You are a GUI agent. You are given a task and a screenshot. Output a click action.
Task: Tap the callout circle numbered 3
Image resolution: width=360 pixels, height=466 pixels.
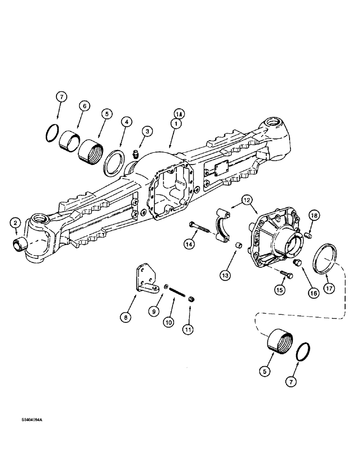[148, 132]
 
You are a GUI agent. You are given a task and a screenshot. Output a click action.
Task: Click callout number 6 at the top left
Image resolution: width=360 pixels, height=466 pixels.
[84, 107]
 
